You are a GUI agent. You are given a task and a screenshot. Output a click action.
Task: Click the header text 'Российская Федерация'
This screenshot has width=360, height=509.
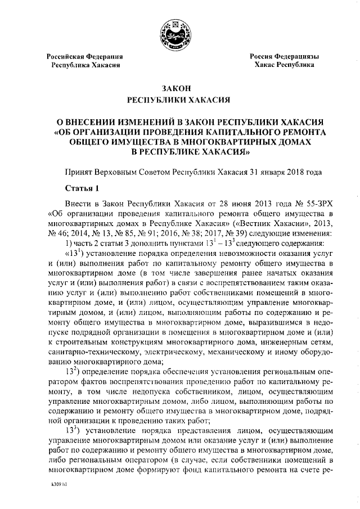pos(85,57)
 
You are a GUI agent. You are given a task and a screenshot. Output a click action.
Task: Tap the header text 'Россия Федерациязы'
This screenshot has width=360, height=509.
pos(285,57)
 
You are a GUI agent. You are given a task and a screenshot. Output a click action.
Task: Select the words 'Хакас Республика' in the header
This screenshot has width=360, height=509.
pos(285,66)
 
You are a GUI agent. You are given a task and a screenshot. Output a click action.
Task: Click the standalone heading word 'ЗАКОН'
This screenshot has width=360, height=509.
pos(179,89)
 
